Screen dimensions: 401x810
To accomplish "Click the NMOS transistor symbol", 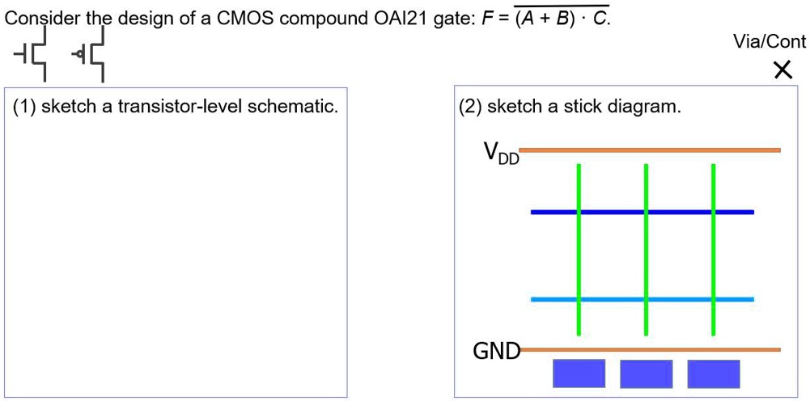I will click(x=33, y=54).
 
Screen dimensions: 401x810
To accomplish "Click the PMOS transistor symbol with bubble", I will click(x=90, y=54).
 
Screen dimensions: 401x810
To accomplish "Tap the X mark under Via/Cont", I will click(x=782, y=71).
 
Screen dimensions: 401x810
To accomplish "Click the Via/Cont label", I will click(x=769, y=42).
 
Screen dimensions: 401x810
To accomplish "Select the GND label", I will click(x=494, y=351).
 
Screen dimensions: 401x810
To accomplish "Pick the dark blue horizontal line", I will click(x=615, y=212).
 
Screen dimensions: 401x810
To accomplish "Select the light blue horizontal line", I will click(x=615, y=299).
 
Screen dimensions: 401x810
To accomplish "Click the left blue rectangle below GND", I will click(x=579, y=374).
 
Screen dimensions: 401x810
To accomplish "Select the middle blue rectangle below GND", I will click(x=646, y=374).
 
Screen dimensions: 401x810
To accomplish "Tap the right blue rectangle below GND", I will click(x=713, y=374).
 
